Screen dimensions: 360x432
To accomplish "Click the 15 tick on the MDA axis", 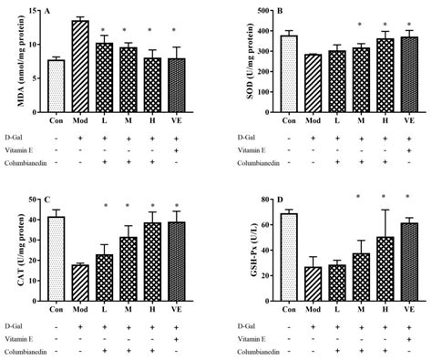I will tap(34, 10).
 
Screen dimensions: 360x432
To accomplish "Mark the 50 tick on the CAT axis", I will tap(33, 200).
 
